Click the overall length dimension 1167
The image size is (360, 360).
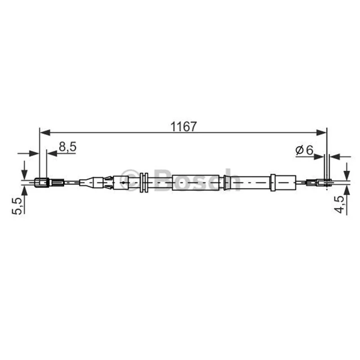click(x=184, y=126)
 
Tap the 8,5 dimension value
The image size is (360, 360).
click(x=67, y=147)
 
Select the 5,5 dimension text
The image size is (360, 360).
click(x=18, y=206)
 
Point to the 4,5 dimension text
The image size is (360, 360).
click(x=340, y=204)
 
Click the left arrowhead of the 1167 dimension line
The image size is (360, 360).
click(x=45, y=132)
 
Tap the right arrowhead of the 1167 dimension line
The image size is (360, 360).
click(x=321, y=132)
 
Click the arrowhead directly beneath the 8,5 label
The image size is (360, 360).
click(x=52, y=153)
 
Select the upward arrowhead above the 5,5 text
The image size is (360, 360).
click(x=24, y=191)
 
